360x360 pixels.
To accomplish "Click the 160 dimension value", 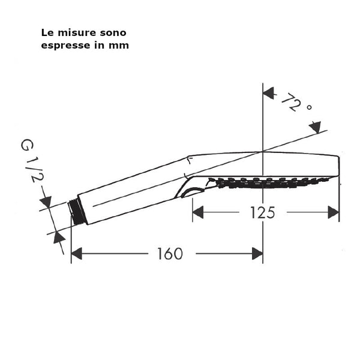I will [170, 254].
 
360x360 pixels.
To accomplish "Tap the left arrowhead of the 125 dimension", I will [198, 212].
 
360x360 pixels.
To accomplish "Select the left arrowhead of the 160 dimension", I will [77, 254].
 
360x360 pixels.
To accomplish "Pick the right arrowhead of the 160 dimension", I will [257, 254].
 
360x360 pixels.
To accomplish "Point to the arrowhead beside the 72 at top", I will [269, 93].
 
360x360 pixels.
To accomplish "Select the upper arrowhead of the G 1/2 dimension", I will [46, 202].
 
